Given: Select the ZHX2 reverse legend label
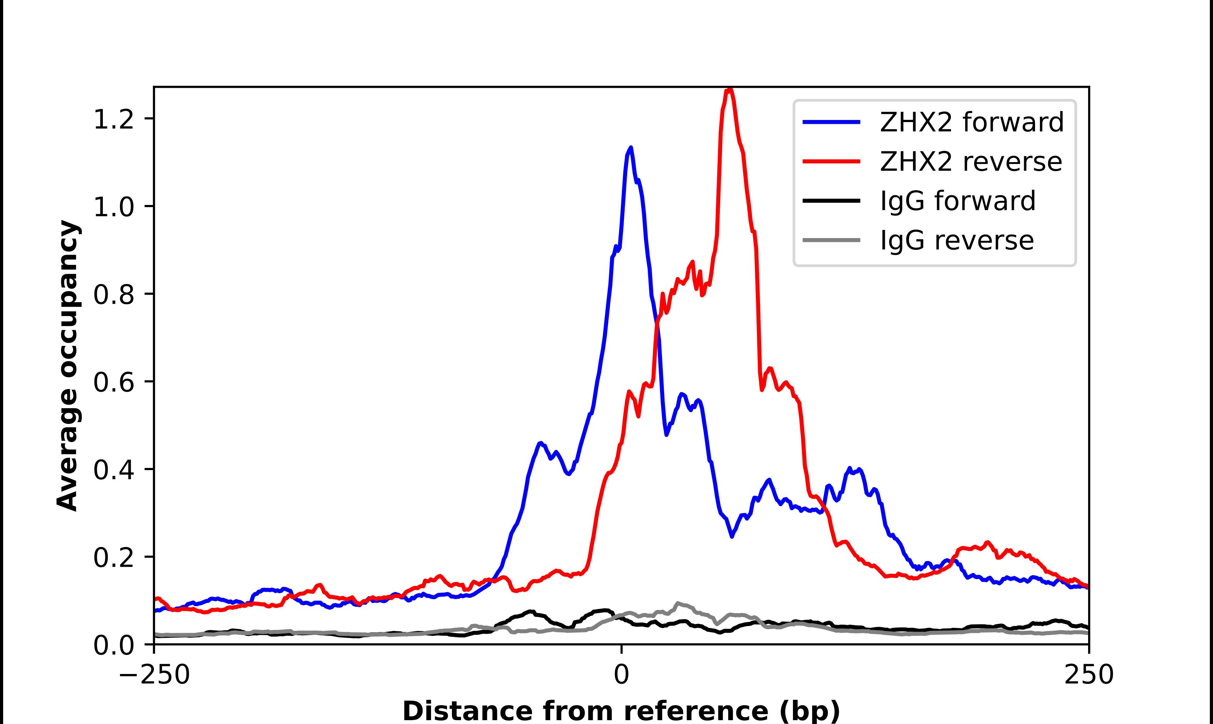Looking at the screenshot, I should point(971,162).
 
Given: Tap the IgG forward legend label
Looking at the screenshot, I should point(957,201).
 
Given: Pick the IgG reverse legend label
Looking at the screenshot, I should point(957,241).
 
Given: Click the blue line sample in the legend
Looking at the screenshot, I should point(832,122).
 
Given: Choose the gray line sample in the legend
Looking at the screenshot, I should point(832,240).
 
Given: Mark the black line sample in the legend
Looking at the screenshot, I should point(832,200).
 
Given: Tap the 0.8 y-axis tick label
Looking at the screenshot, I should point(113,295).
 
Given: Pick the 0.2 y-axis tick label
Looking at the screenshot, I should point(113,558).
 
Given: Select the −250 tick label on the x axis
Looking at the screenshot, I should point(154,675).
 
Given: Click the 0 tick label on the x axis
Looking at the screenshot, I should point(622,675).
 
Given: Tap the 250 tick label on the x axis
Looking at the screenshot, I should point(1088,675).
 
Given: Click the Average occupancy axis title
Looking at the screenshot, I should point(67,366).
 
